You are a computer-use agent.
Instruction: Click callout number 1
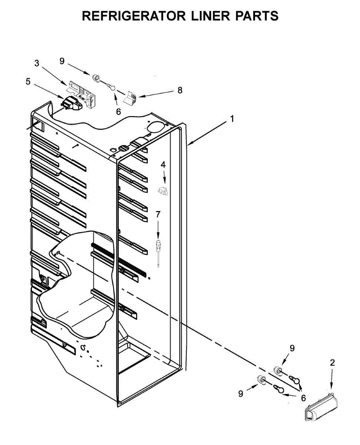(232, 119)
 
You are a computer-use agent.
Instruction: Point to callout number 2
(332, 363)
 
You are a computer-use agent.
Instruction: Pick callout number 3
(37, 63)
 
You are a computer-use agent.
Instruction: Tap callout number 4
(163, 164)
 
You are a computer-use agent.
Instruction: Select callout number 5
(28, 82)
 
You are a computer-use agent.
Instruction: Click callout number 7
(158, 214)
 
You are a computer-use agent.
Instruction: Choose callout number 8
(180, 90)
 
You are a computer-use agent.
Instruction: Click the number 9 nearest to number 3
(62, 62)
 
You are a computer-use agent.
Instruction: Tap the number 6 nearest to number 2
(303, 398)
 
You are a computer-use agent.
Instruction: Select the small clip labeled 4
(162, 191)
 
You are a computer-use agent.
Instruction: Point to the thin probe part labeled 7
(159, 250)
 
